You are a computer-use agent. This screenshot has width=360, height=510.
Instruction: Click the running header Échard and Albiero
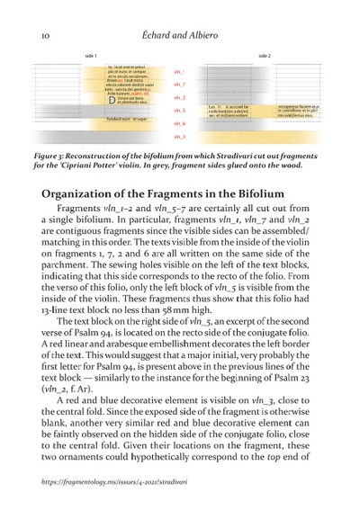point(181,34)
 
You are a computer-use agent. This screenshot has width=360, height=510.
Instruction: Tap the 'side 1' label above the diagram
point(90,57)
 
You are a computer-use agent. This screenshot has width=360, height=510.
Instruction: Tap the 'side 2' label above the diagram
point(264,57)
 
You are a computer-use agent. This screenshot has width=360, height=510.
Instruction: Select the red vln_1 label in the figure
point(179,71)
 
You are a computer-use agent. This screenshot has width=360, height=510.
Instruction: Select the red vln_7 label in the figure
point(179,84)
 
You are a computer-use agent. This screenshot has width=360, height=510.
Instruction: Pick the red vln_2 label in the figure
point(179,97)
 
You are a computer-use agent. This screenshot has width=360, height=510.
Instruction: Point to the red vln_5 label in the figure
point(179,110)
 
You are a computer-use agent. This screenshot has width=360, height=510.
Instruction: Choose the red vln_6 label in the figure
point(179,122)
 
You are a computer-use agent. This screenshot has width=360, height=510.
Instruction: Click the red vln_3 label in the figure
point(179,136)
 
